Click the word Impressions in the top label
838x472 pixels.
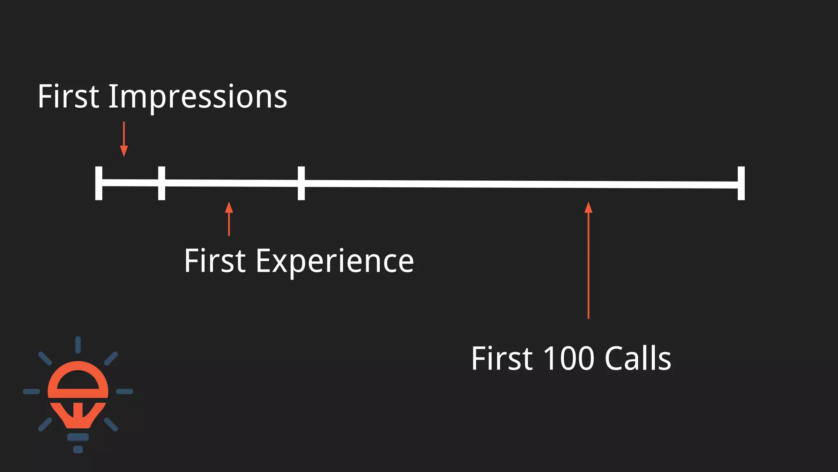(x=197, y=98)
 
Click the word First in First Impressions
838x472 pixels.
(x=68, y=97)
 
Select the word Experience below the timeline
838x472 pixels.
(x=334, y=261)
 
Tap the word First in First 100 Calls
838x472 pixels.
(x=502, y=359)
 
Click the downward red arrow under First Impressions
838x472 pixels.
(x=124, y=139)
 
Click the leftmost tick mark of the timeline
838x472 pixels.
(x=99, y=183)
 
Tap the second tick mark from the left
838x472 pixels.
(x=162, y=183)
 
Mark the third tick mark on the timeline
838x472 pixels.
(x=301, y=183)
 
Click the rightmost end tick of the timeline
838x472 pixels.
(x=741, y=183)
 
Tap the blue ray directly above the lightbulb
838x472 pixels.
(x=78, y=345)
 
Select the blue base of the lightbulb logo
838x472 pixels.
(x=78, y=438)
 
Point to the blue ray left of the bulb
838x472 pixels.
(x=32, y=392)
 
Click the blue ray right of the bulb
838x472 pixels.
(x=124, y=392)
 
